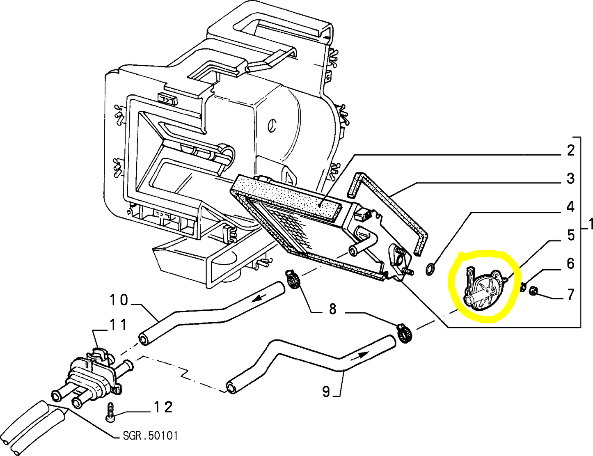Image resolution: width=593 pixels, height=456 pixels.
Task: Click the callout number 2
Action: tap(570, 151)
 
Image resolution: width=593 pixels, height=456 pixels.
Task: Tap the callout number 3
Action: tap(570, 179)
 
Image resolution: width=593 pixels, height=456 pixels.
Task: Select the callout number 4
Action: tap(570, 207)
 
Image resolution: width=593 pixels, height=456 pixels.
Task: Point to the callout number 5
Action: tap(570, 235)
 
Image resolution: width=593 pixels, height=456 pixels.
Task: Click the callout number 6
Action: tap(570, 264)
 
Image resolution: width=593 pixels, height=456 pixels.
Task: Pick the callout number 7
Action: tap(570, 295)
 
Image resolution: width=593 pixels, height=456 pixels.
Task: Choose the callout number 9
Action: tap(326, 392)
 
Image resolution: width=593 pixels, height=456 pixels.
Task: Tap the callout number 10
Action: tap(119, 300)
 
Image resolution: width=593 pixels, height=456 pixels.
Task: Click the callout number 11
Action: tap(118, 325)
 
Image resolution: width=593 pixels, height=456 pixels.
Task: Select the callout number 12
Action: tap(163, 407)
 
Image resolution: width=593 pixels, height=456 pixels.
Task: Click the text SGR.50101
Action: tap(151, 435)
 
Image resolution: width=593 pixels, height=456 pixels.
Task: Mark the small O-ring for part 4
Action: tap(430, 269)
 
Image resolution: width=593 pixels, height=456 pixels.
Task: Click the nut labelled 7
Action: tap(533, 291)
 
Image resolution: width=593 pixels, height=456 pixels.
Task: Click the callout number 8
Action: tap(332, 309)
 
